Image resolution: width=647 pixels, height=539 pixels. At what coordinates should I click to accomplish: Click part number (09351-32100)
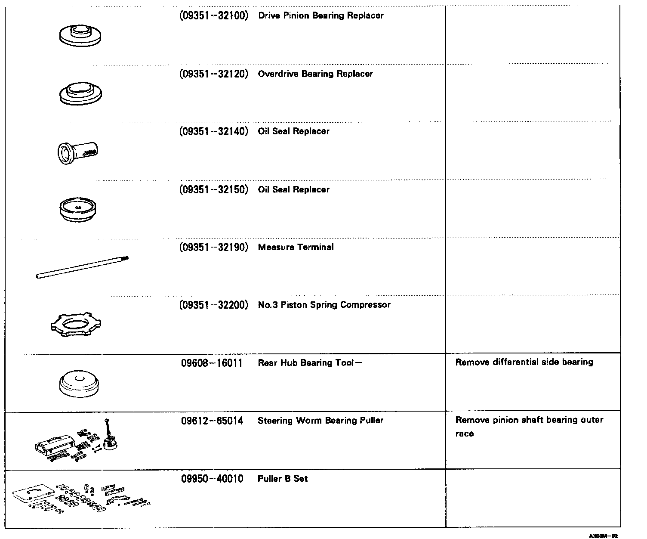214,16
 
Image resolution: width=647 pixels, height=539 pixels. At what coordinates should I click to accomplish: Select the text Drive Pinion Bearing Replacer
320,16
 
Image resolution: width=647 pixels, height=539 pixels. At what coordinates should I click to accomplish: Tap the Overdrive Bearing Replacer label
315,74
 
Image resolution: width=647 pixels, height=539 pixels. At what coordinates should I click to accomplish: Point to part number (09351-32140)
214,131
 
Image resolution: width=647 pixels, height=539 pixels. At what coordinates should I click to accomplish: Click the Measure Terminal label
296,248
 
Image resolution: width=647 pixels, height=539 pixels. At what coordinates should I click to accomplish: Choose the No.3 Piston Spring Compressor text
324,305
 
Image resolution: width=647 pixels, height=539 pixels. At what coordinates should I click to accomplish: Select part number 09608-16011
212,363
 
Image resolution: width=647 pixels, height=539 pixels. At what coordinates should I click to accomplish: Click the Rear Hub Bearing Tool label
306,363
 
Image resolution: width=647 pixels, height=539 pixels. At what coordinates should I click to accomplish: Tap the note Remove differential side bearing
524,362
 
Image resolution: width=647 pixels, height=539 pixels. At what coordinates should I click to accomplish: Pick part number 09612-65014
212,421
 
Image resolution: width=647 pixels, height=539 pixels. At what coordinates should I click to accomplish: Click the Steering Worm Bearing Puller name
320,421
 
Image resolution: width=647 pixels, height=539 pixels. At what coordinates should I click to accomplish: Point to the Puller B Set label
283,479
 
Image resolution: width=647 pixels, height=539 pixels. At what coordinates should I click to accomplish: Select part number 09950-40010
212,479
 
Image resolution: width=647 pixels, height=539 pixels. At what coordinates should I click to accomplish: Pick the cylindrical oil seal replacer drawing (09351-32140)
78,151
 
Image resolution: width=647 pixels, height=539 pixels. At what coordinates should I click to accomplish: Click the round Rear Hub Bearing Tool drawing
79,384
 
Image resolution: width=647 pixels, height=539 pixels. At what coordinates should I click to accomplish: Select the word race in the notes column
464,434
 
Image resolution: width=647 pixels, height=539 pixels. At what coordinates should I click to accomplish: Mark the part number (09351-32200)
214,305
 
